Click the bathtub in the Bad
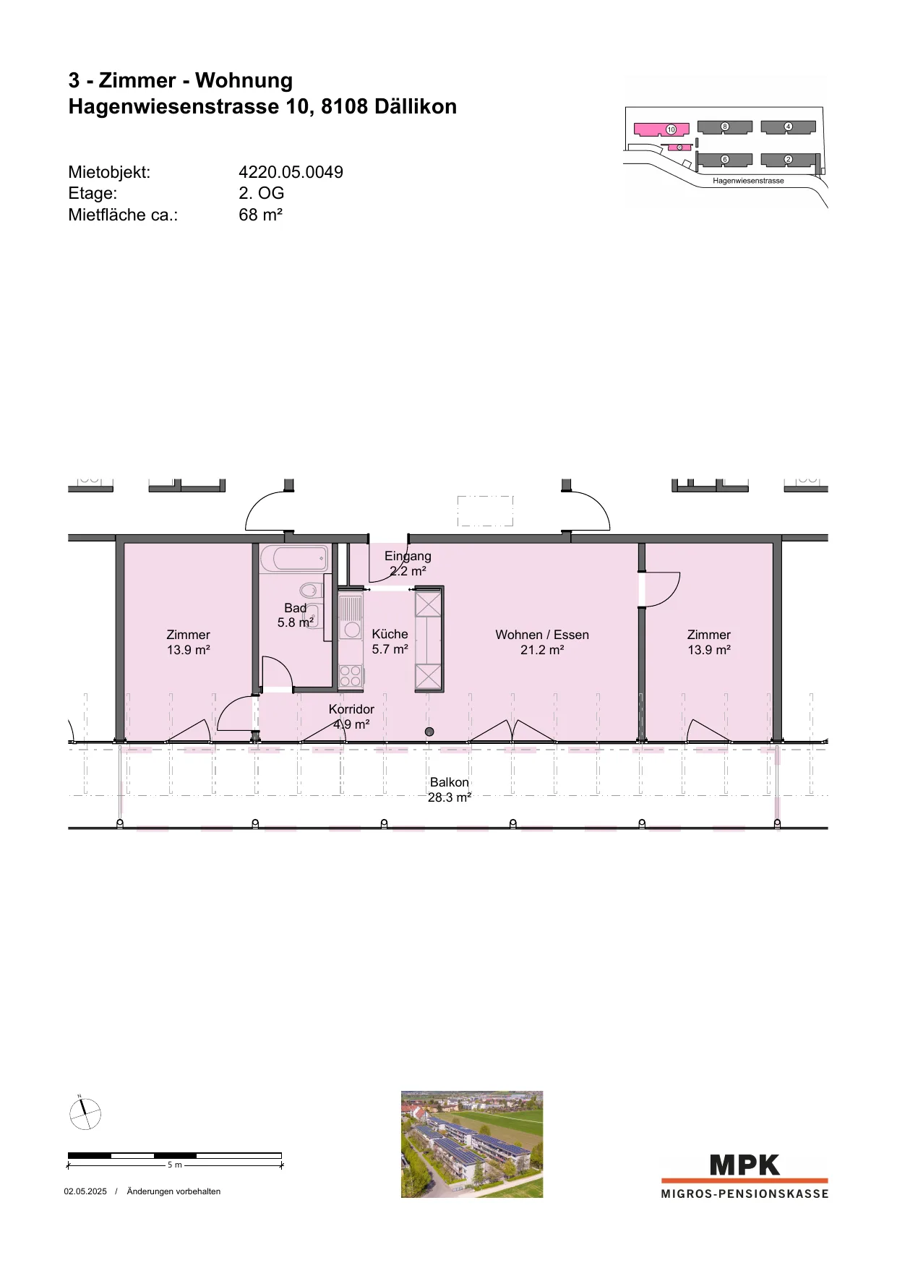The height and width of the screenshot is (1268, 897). point(293,559)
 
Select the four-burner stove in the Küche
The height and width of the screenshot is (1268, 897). point(351,675)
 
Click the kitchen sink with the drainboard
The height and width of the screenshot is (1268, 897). point(351,617)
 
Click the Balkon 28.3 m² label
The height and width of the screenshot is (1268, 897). point(450,790)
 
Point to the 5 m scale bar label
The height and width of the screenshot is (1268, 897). point(175,1165)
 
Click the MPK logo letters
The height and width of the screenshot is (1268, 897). point(745,1165)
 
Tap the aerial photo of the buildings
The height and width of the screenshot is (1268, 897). point(472,1144)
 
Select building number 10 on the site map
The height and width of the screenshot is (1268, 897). point(661,129)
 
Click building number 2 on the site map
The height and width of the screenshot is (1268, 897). point(788,159)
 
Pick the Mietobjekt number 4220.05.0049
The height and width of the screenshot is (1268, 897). point(291,172)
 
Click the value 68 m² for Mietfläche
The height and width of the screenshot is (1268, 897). point(260,215)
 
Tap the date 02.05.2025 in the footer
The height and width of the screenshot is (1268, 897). point(85,1191)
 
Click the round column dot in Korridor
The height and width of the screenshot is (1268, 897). point(429,732)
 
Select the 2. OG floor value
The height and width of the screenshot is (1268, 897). point(262,193)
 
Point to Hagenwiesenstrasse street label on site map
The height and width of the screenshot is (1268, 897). point(748,181)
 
